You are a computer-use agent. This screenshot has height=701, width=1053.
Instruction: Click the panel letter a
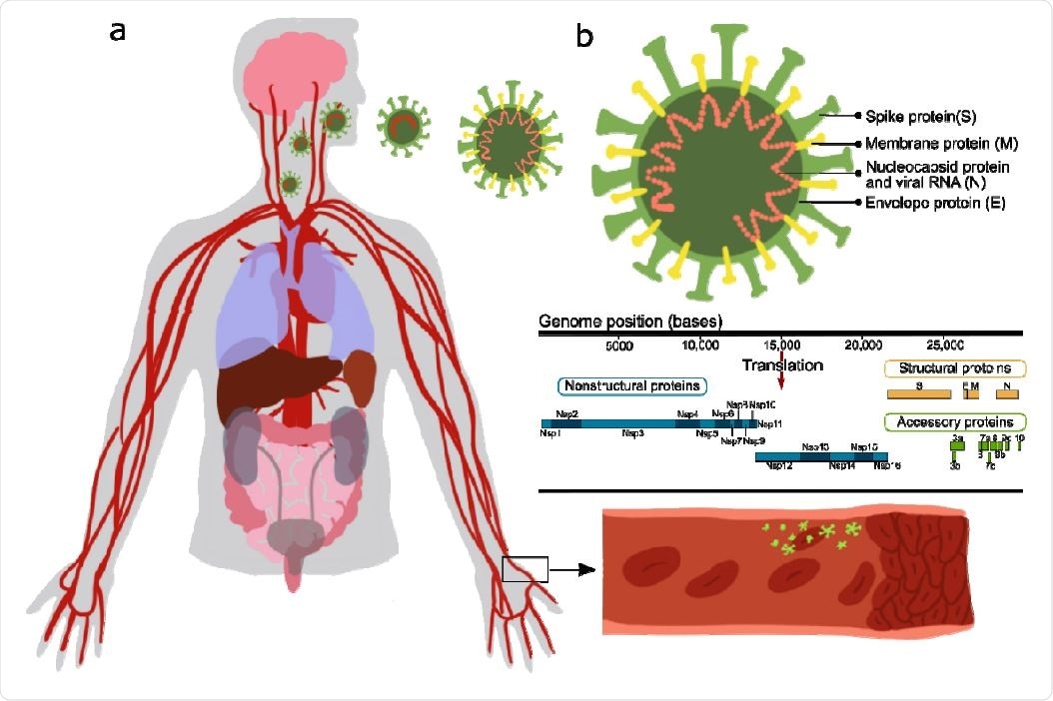(x=118, y=31)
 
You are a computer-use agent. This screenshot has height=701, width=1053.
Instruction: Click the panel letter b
(x=584, y=37)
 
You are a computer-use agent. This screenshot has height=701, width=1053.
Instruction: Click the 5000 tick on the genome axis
(x=619, y=346)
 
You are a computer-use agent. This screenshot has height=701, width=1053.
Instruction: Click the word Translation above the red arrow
(x=783, y=365)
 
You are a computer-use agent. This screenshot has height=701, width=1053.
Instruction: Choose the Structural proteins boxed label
(x=956, y=368)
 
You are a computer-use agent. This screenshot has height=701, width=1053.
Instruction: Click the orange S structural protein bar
(x=918, y=395)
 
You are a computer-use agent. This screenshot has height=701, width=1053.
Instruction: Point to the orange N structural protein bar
(x=1006, y=395)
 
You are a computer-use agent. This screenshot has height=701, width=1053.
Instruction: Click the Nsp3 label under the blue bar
(x=632, y=433)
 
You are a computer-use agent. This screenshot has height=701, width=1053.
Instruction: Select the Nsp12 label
(x=780, y=466)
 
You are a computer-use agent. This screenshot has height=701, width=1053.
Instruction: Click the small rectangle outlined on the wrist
(x=525, y=569)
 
